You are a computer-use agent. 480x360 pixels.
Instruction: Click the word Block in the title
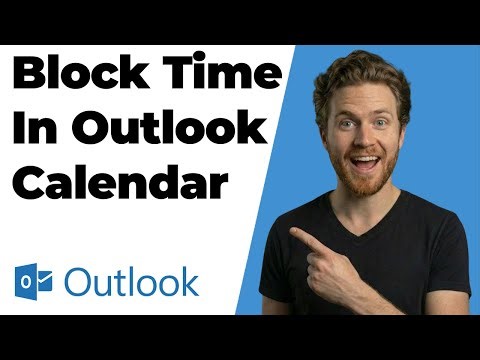click(82, 77)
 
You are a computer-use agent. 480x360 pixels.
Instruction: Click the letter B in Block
click(30, 77)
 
